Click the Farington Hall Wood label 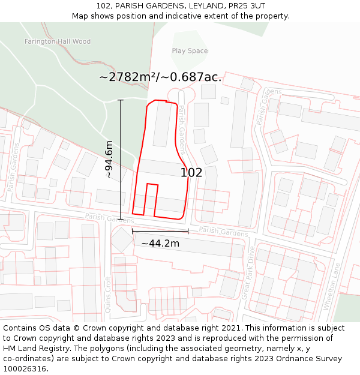[58, 41]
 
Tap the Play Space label [190, 51]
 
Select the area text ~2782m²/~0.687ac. [160, 77]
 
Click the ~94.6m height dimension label [109, 159]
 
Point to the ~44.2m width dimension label [160, 243]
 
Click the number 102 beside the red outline [191, 173]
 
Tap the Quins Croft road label [108, 294]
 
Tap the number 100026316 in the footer [26, 368]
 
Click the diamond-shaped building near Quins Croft [122, 240]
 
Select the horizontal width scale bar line [160, 231]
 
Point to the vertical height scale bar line [121, 159]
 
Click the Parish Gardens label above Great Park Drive [223, 232]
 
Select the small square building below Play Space [208, 91]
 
